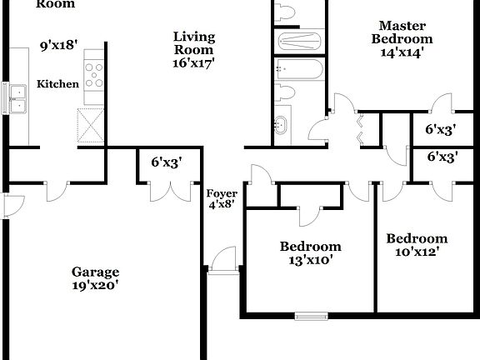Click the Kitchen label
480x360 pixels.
click(x=57, y=84)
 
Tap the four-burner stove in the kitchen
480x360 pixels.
click(x=92, y=76)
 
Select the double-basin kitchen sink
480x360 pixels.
click(x=16, y=97)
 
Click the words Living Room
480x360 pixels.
click(x=194, y=43)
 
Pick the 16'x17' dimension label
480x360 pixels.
click(x=194, y=63)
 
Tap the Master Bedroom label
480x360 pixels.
click(x=402, y=32)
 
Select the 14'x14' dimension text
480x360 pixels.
click(x=402, y=52)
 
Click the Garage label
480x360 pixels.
click(x=95, y=272)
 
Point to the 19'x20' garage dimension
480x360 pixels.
click(x=95, y=286)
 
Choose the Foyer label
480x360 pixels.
click(x=221, y=193)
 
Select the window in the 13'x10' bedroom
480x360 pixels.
click(x=311, y=316)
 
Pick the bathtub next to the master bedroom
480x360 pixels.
click(x=298, y=68)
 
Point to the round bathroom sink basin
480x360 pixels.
click(x=280, y=127)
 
